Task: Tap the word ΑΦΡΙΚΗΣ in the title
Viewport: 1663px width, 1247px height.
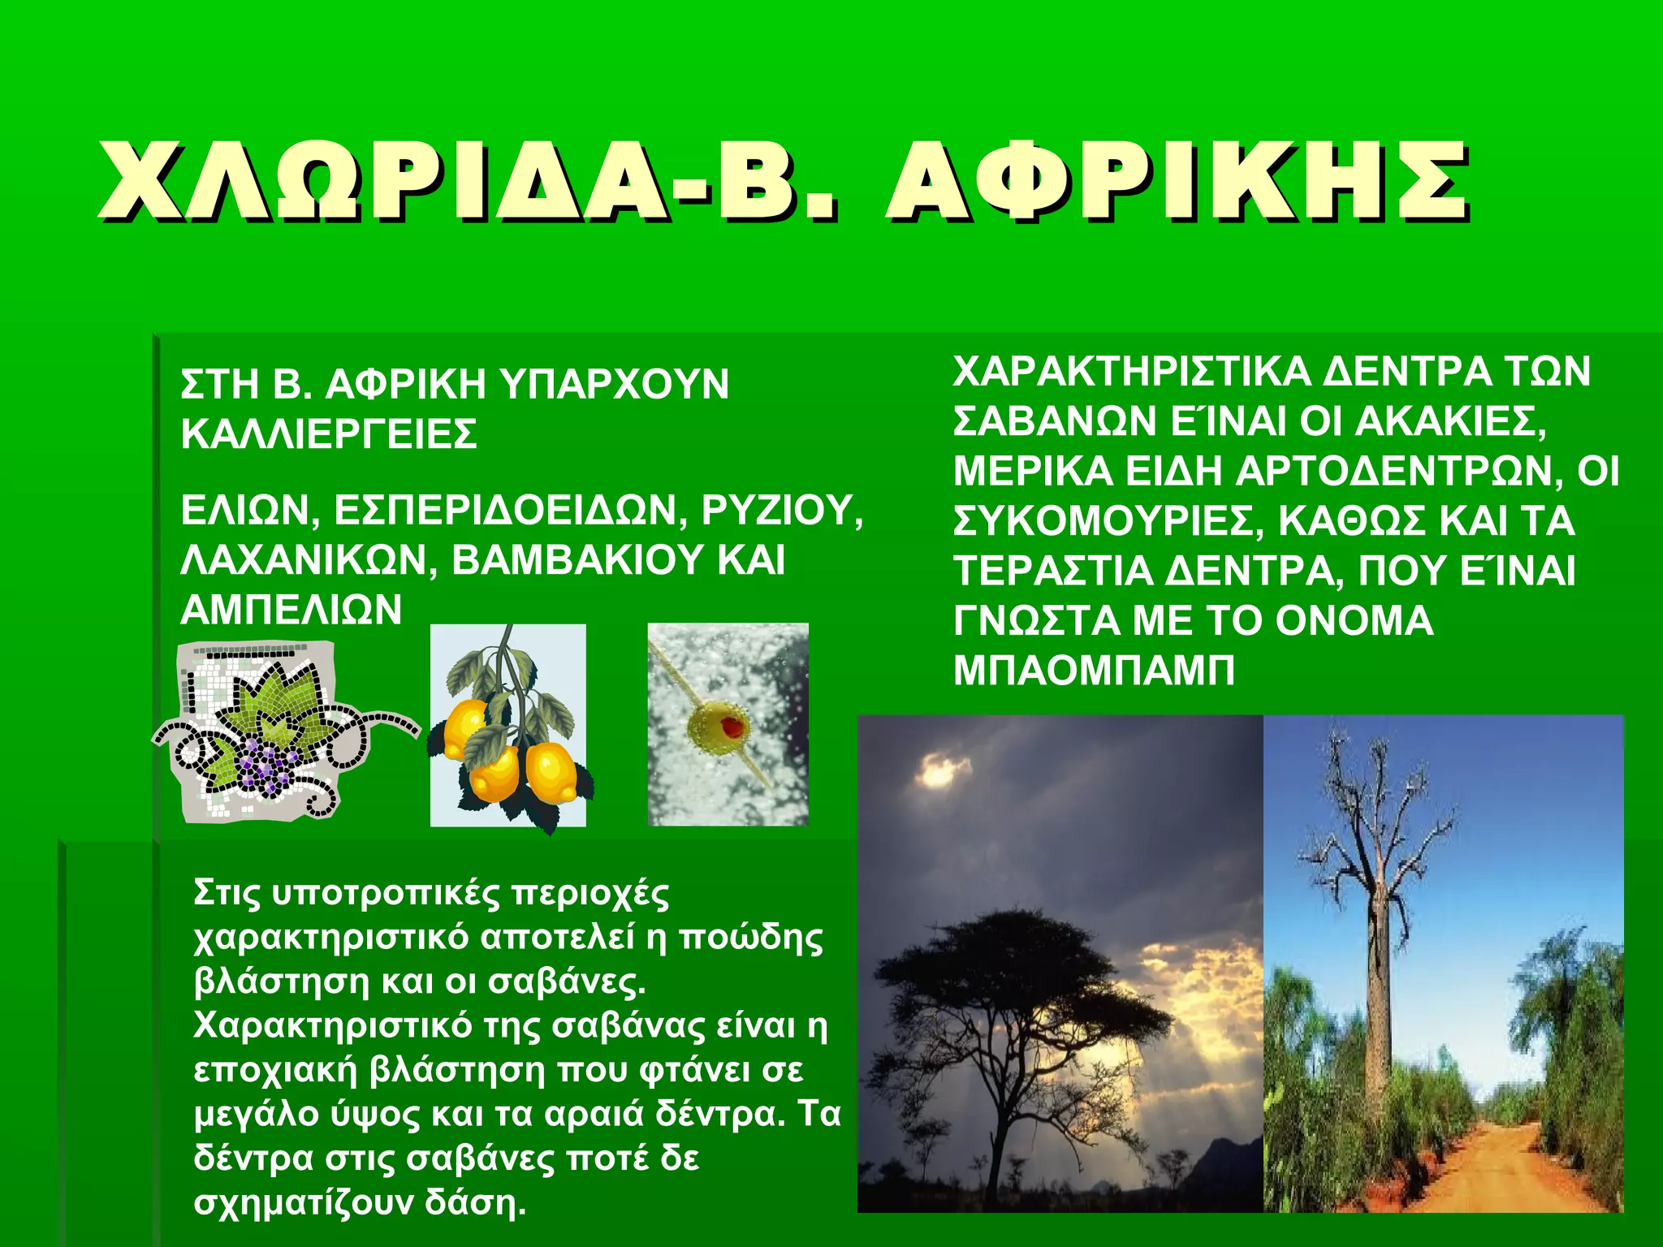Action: pos(1177,182)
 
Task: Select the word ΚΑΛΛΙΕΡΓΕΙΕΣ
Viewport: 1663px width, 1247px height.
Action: pos(329,434)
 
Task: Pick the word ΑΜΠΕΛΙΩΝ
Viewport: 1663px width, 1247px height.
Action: pos(291,610)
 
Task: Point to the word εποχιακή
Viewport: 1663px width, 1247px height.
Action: pos(275,1070)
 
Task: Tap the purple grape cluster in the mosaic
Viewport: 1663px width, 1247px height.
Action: pos(264,763)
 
